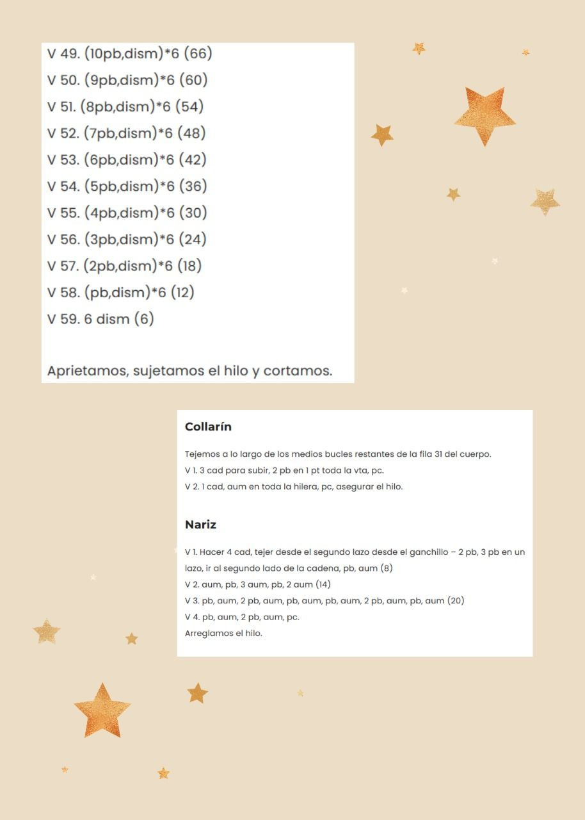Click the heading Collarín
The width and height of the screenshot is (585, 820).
coord(208,427)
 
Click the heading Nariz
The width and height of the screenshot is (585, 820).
coord(200,525)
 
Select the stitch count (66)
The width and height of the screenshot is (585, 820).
coord(198,53)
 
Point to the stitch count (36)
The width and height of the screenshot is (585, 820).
coord(193,186)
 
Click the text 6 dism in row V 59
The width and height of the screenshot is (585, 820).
coord(106,318)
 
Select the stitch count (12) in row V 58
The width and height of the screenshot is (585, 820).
coord(182,292)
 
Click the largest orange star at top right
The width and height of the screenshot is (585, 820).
coord(485,115)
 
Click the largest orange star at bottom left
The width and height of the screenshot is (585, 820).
coord(102,711)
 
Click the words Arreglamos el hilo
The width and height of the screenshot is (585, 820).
coord(223,633)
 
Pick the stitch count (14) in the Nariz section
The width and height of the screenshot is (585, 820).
coord(323,584)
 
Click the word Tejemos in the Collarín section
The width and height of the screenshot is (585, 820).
coord(202,454)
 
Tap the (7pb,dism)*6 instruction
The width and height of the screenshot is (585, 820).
coord(128,133)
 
